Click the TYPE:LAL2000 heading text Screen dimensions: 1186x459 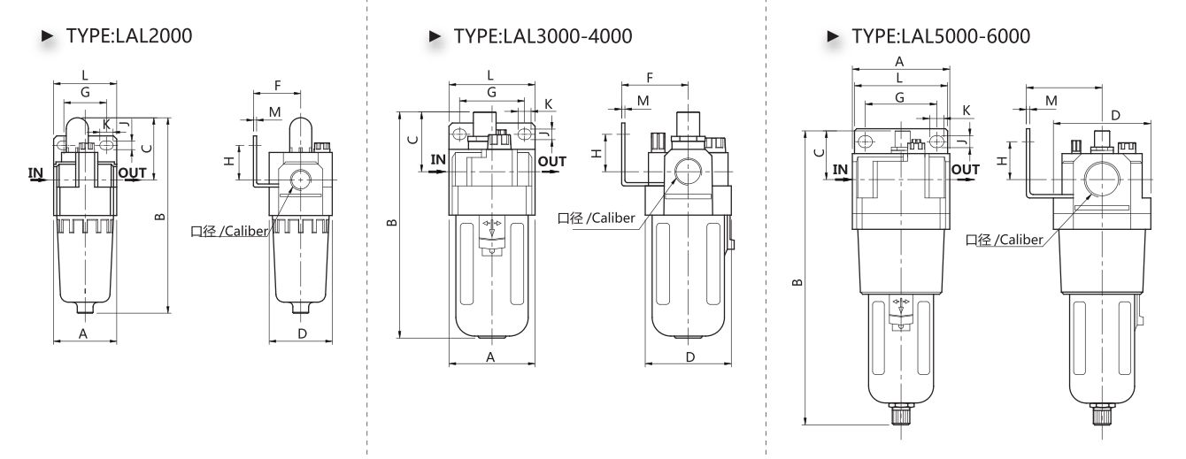129,36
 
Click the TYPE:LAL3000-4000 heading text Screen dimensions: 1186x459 543,36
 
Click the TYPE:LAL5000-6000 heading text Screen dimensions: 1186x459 941,36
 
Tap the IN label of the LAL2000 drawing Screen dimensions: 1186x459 35,173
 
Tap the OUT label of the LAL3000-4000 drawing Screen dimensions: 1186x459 552,162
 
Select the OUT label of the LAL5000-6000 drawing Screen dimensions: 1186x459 966,170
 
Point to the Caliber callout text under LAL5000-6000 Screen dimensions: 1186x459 1005,240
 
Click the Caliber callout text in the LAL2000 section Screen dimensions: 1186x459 229,231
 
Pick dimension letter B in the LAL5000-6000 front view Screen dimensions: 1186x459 797,282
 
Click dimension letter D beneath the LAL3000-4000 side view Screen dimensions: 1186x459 689,357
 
